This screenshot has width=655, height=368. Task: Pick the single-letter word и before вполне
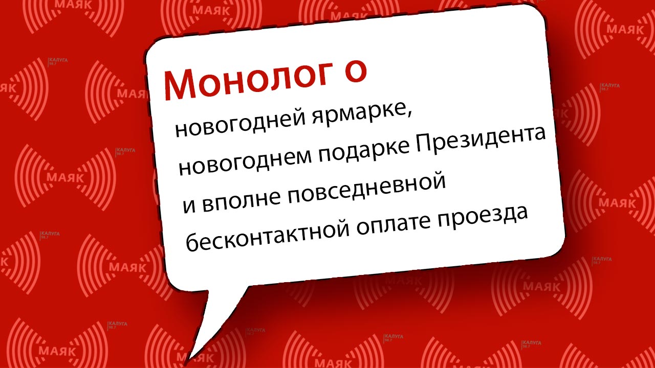(189, 205)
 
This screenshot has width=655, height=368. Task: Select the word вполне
(242, 200)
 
